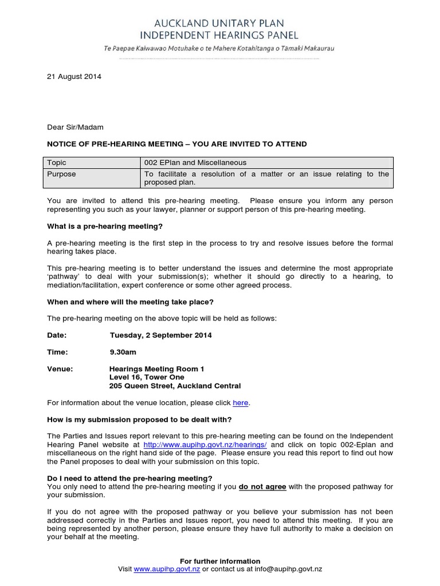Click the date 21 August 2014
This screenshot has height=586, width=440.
74,77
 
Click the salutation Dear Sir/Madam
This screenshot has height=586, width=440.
75,127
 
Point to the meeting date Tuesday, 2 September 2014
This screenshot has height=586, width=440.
160,335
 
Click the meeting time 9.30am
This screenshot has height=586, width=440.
123,352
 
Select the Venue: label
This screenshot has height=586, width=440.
60,369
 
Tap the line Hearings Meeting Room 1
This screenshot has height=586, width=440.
156,369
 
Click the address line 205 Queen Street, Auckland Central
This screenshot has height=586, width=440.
175,386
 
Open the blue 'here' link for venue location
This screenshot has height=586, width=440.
240,403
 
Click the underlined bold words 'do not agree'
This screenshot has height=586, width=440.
262,487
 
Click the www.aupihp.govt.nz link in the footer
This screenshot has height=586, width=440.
167,569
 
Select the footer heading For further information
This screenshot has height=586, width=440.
220,561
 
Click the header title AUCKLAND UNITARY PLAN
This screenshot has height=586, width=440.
220,24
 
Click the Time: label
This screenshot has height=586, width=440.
57,352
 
